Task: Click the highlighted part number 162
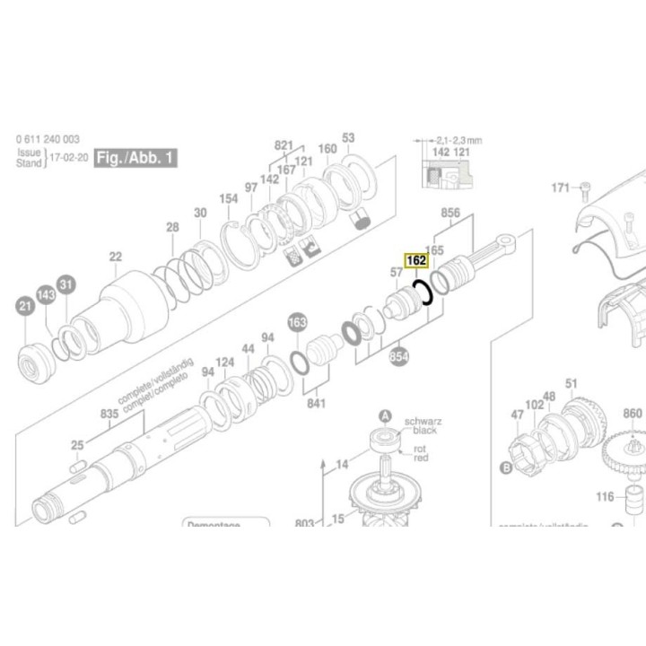click(x=416, y=261)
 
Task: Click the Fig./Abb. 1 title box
click(x=136, y=158)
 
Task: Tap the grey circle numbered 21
click(x=25, y=310)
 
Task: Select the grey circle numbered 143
click(x=46, y=295)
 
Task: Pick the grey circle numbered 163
click(x=297, y=323)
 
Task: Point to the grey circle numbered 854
click(x=399, y=357)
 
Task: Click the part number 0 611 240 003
click(x=48, y=139)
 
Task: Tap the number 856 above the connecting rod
click(x=450, y=213)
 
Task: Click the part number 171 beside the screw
click(x=561, y=188)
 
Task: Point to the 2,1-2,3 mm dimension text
click(x=458, y=141)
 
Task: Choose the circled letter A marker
click(x=386, y=415)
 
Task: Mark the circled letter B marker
click(x=505, y=467)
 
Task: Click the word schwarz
click(x=422, y=421)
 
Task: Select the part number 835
click(x=109, y=414)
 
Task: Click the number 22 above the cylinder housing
click(x=115, y=257)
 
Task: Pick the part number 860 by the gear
click(x=633, y=414)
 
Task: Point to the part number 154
click(x=230, y=198)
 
